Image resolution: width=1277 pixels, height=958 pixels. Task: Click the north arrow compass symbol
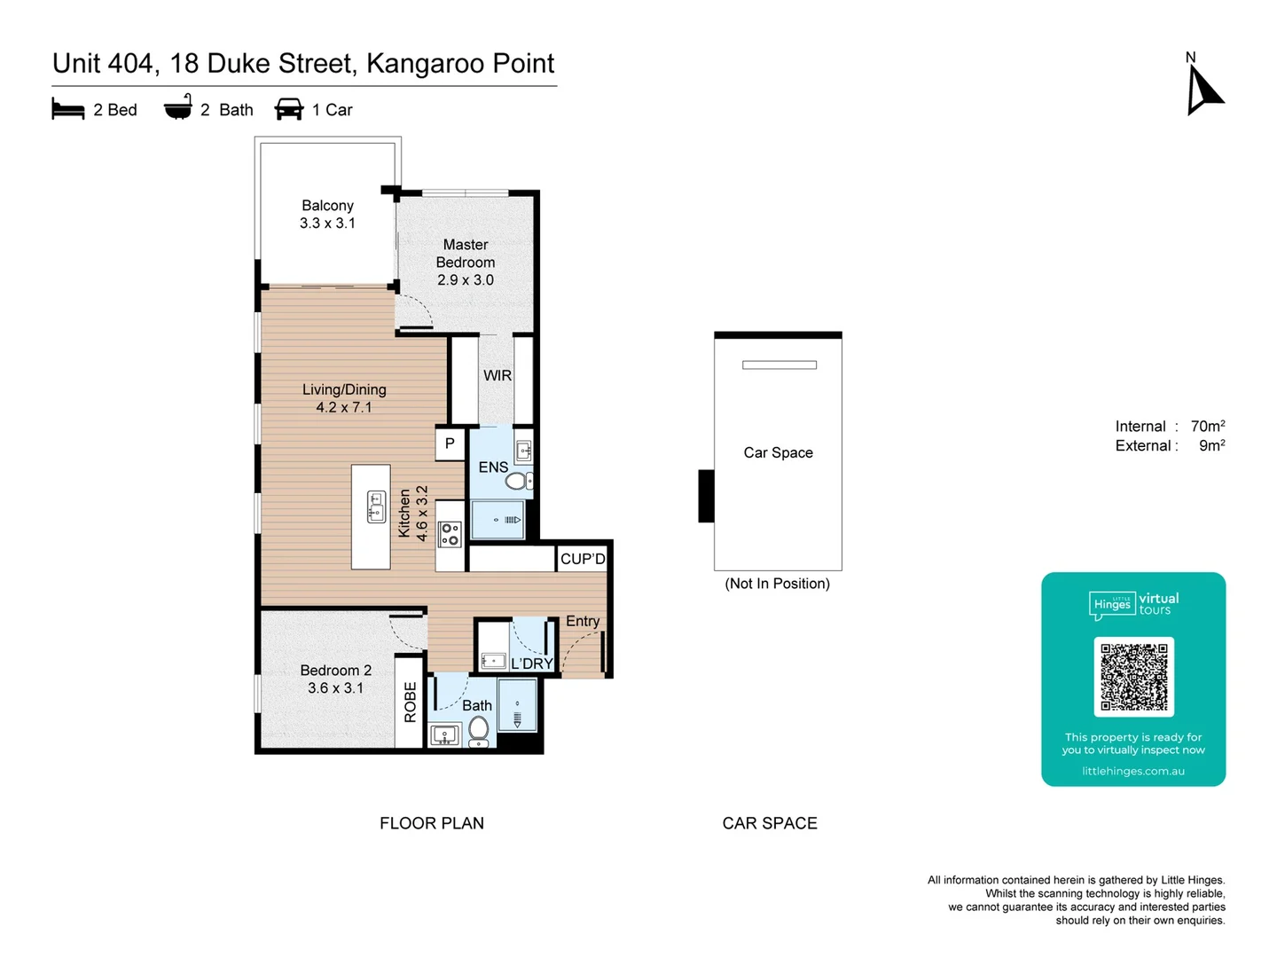(1203, 90)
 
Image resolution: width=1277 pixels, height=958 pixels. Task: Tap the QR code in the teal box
(1133, 677)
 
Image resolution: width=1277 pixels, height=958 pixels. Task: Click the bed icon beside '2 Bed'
(68, 110)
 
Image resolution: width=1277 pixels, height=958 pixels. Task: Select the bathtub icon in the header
(178, 108)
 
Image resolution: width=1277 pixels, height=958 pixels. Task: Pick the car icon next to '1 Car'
(289, 109)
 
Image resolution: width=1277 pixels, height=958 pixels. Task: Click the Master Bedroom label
(466, 254)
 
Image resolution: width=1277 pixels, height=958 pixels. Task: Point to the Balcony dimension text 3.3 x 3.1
(327, 224)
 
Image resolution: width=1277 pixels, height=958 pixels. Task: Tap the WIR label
(497, 376)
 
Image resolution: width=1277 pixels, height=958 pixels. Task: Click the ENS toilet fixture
(516, 482)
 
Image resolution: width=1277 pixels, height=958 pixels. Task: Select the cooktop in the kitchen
(450, 534)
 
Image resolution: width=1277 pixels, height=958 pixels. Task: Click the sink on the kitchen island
(375, 506)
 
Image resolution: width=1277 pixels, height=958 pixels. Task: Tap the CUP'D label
(583, 559)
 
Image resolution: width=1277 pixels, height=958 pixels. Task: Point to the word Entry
(583, 621)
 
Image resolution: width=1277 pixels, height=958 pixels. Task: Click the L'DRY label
(531, 664)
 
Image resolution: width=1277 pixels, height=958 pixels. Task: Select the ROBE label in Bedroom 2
(410, 703)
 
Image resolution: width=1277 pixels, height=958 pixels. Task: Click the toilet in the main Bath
(478, 730)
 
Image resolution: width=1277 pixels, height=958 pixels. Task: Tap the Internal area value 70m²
(1208, 427)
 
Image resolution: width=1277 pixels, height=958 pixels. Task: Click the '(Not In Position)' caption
(777, 584)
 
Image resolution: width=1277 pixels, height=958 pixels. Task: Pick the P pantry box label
(450, 444)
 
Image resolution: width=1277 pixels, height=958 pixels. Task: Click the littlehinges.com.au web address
(1133, 772)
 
